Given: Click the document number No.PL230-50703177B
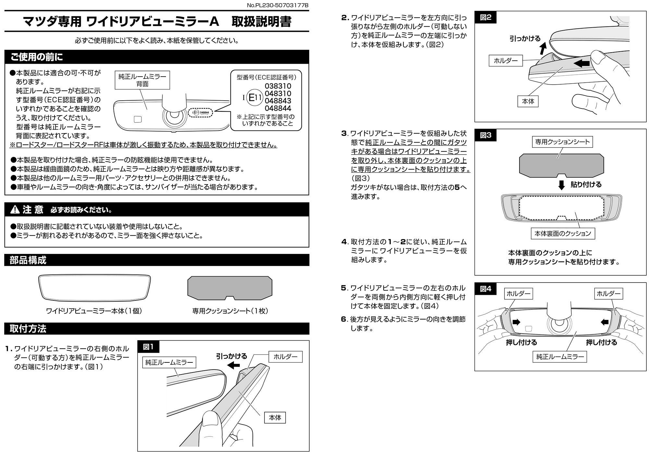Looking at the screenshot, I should (277, 5).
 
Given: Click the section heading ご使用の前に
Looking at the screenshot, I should (37, 57).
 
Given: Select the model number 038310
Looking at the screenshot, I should (278, 86).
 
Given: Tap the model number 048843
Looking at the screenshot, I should (278, 101).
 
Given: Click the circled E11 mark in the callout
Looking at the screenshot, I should (254, 97).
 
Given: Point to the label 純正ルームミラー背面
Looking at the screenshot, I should (142, 80).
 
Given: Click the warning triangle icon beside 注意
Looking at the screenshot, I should (15, 210).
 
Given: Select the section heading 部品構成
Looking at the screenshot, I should (28, 260).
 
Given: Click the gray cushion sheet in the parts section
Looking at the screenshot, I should (230, 287).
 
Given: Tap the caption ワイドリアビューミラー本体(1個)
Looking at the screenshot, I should (94, 311).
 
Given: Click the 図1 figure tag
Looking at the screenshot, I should (148, 347).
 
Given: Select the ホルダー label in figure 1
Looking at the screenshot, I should (286, 357).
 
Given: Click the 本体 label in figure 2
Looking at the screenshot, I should (528, 101).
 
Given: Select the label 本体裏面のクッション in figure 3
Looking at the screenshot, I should (563, 233).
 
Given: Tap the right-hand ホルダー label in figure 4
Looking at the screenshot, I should (608, 294).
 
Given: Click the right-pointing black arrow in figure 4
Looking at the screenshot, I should (516, 322).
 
